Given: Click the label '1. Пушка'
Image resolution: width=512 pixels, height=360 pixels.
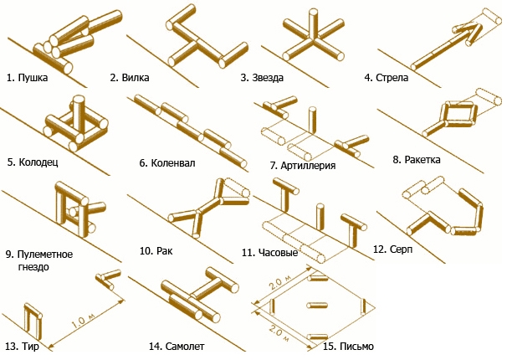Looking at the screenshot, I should coord(27,78).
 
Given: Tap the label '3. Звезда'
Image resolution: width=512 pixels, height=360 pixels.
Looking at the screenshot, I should coord(262,78).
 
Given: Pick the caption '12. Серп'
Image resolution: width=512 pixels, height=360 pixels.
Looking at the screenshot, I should coord(392,249).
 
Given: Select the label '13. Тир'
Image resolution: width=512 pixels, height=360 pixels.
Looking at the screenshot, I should coord(23,345).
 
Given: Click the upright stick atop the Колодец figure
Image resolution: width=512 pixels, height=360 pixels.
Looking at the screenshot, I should coord(79,111).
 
